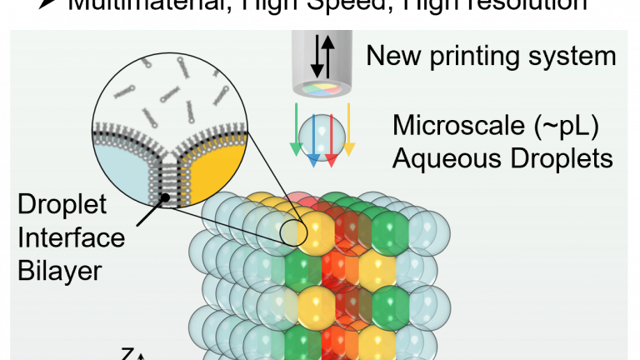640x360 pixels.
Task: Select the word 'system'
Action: pos(575,57)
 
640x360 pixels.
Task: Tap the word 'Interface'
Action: pos(70,238)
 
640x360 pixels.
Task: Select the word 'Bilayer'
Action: pos(61,270)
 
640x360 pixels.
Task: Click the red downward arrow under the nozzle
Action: pos(331,137)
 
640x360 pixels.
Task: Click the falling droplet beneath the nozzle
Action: pos(322,133)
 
